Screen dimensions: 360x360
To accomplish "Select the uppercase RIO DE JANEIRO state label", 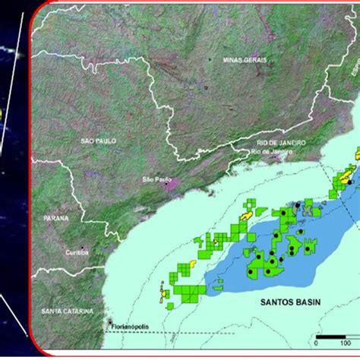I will (x=281, y=142).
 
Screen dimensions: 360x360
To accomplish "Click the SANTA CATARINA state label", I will (x=68, y=311).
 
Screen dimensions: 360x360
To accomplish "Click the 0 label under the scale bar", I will (x=317, y=344).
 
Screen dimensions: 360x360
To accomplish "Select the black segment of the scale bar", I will (x=324, y=336).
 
